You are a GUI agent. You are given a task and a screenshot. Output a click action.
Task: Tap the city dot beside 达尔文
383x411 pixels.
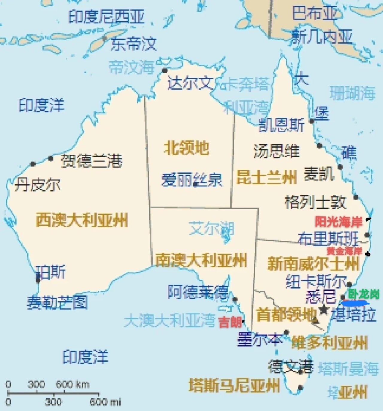point(164,71)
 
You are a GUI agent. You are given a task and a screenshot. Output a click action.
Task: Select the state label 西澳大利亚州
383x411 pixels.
point(82,220)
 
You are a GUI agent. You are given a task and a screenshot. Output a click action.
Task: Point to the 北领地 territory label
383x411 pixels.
point(186,148)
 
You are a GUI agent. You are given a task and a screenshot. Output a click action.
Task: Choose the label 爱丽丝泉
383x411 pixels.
point(191,180)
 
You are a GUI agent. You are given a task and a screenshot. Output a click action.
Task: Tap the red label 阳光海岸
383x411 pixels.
point(338,222)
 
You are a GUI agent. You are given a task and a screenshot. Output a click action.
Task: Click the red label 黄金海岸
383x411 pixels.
point(344,251)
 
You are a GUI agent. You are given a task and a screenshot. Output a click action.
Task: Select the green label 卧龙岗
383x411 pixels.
point(364,294)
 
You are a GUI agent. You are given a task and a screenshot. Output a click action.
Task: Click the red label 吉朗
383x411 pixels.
point(230,322)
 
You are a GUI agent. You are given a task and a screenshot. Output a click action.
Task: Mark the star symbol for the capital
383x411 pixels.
point(323,310)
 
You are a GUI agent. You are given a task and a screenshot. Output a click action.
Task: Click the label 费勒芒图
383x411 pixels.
point(57,302)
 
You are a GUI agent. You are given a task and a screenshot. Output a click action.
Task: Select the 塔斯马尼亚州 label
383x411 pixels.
point(234,385)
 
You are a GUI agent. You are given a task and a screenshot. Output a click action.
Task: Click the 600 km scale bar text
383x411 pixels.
point(72,384)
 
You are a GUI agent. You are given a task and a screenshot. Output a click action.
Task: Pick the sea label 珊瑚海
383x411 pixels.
point(352,93)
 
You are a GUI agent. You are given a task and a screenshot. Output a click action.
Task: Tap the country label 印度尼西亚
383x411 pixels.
point(107,16)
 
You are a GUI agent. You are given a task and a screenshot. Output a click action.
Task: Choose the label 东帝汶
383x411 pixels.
point(133,44)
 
